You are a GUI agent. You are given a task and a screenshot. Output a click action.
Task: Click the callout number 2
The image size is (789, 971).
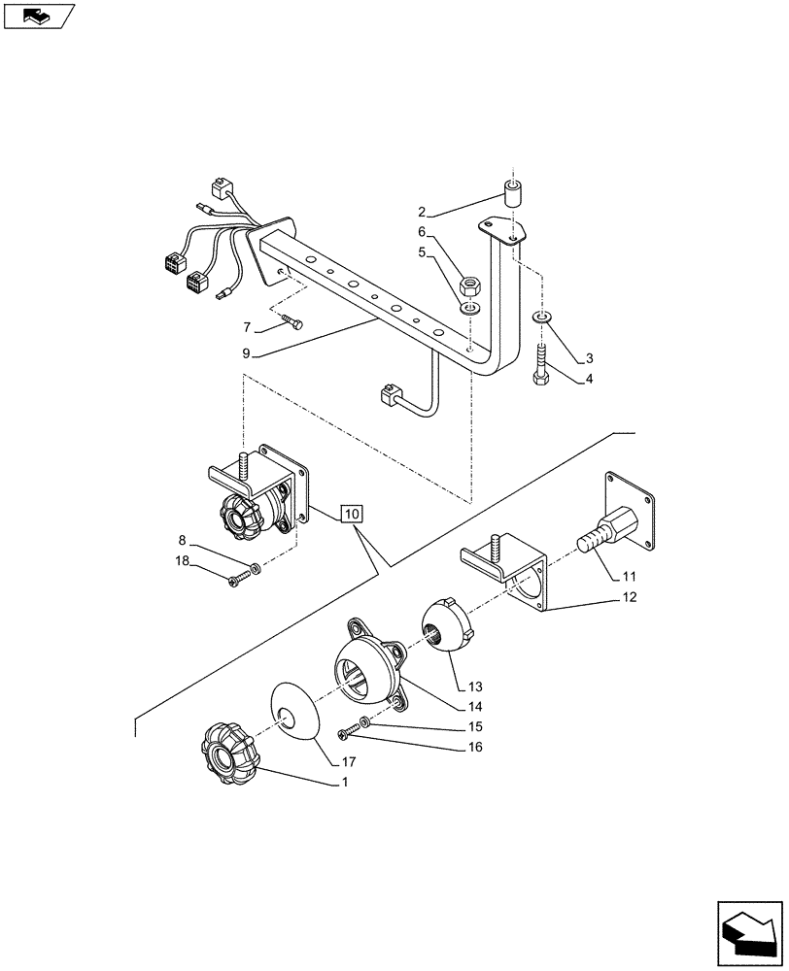pos(422,212)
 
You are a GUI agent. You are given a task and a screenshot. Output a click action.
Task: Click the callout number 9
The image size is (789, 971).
pos(248,353)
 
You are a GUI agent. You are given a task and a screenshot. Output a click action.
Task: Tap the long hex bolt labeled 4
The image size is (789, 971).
pos(540,363)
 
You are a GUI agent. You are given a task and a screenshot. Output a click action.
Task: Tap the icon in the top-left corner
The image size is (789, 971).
pos(38,17)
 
